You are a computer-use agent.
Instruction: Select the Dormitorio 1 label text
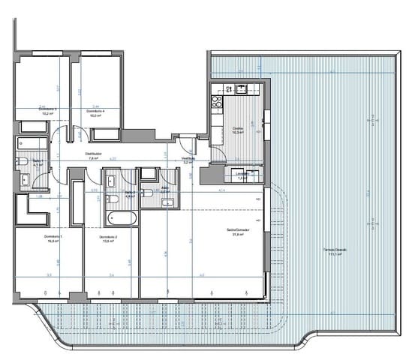(x=50, y=239)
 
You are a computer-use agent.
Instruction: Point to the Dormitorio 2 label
(x=108, y=239)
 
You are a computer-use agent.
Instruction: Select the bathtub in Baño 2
(x=121, y=219)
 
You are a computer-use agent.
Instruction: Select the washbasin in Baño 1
(x=25, y=179)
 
